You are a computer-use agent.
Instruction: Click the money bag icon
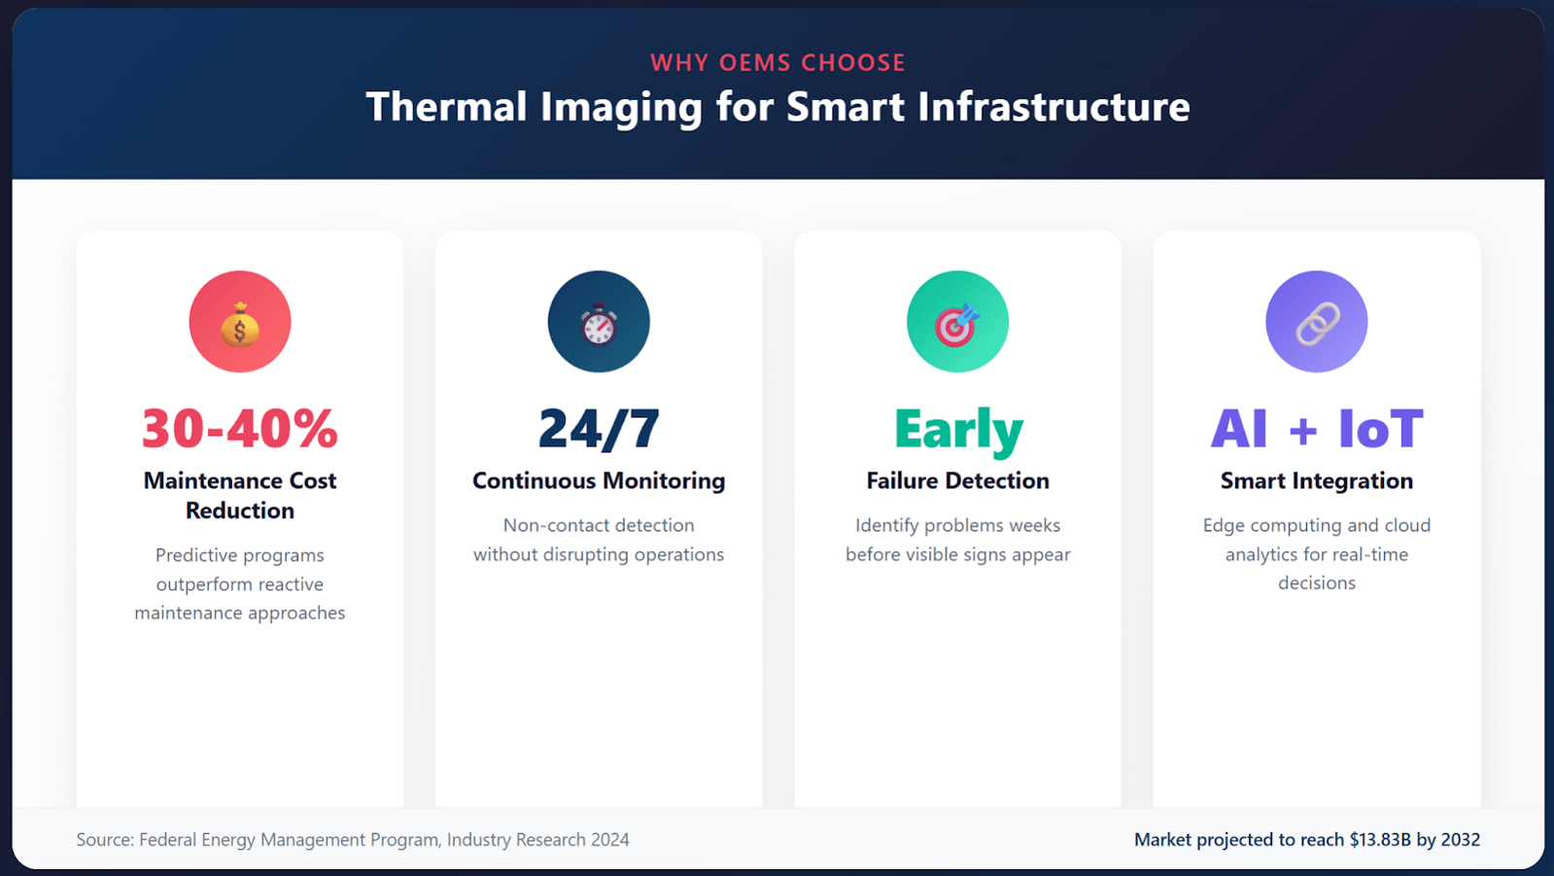(x=240, y=324)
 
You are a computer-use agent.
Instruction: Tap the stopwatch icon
(x=599, y=324)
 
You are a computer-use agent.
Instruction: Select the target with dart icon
(x=957, y=324)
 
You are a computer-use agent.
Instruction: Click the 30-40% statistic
(x=240, y=429)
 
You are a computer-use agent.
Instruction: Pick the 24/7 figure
(x=599, y=429)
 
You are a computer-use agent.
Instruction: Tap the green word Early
(x=958, y=431)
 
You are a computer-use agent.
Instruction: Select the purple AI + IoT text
(x=1317, y=429)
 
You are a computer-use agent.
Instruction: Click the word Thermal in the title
(x=447, y=106)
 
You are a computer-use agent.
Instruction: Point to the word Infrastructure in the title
(x=1053, y=106)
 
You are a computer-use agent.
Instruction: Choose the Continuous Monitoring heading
(x=599, y=480)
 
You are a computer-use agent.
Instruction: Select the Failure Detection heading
(x=958, y=480)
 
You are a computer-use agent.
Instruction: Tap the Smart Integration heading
(x=1317, y=480)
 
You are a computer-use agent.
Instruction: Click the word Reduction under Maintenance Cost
(x=240, y=510)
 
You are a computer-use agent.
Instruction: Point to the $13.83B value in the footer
(x=1380, y=839)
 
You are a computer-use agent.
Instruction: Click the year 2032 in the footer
(x=1461, y=839)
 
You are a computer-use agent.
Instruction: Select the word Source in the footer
(x=105, y=839)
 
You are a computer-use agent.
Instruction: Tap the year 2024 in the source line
(x=609, y=839)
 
